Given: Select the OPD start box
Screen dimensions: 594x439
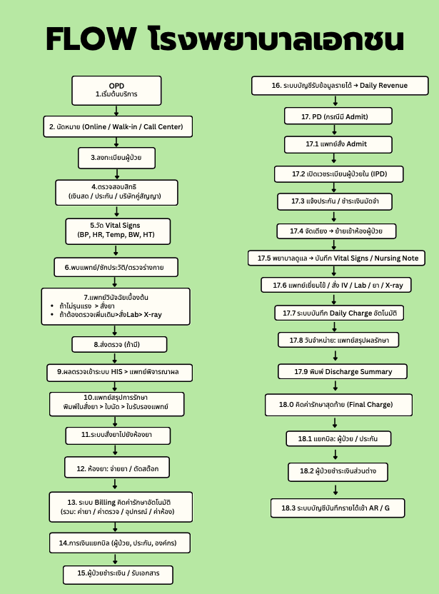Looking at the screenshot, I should pos(116,89).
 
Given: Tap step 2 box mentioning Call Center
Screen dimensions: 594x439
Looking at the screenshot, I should pos(116,127).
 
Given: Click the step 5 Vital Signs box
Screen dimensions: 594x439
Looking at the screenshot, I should pos(117,230).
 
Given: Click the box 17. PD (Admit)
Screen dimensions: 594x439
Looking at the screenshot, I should pos(335,116).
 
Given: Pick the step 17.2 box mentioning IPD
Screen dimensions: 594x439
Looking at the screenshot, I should pos(339,173).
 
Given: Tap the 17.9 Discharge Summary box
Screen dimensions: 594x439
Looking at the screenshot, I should pos(343,372).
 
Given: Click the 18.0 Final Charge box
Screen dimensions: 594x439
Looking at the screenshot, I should pos(338,405).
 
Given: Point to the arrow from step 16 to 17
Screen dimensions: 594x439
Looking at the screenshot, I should pos(335,101).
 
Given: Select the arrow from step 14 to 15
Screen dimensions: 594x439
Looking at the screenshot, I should pos(115,559).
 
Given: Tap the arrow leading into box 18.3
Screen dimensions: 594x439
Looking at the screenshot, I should pos(335,490).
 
